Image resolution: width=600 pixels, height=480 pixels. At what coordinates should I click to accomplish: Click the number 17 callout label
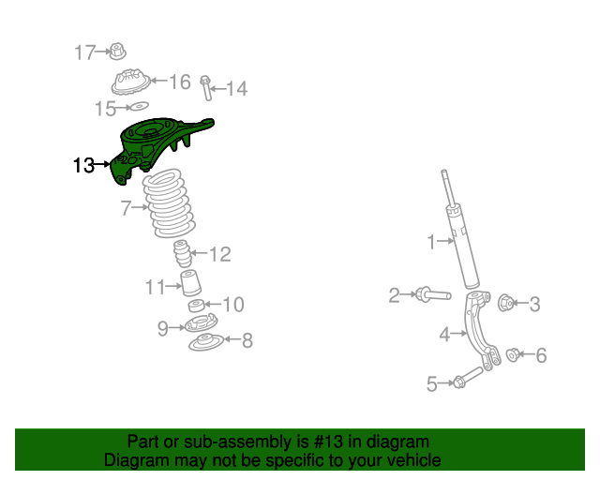coord(85,52)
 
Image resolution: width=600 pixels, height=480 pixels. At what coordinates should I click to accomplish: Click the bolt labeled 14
coord(205,88)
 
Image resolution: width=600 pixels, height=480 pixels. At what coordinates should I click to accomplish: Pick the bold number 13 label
coord(83,165)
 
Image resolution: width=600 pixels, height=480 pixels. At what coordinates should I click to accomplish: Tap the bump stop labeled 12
coord(182,254)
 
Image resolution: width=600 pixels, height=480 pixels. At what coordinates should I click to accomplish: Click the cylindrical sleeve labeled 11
coord(192,285)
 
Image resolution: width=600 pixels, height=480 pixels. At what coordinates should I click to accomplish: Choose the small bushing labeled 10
coord(195,307)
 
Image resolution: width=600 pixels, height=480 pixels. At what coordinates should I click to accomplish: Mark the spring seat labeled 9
coord(199,325)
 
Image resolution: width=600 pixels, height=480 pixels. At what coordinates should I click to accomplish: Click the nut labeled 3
coord(504,302)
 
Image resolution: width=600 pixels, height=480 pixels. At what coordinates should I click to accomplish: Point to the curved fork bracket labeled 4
coord(486,333)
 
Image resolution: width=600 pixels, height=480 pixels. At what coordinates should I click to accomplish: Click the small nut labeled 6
coord(514,354)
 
